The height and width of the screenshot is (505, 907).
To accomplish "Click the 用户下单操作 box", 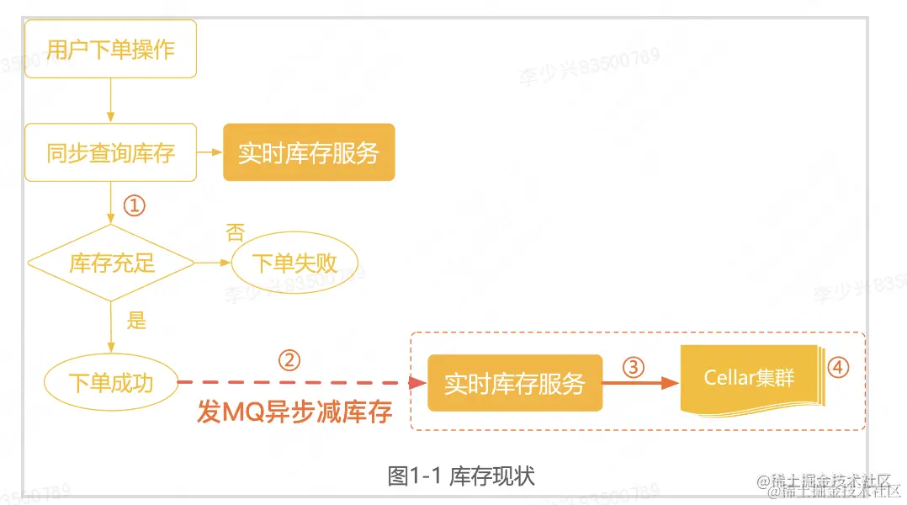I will pyautogui.click(x=110, y=49).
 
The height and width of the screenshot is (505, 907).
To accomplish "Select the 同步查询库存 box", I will pyautogui.click(x=110, y=152).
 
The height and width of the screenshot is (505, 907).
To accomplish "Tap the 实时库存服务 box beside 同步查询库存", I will pyautogui.click(x=308, y=152).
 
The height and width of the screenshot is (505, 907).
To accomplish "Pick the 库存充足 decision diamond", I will pyautogui.click(x=111, y=263).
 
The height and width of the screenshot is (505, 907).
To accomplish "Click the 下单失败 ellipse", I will pyautogui.click(x=294, y=262).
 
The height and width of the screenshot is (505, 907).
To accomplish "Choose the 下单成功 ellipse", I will pyautogui.click(x=111, y=383).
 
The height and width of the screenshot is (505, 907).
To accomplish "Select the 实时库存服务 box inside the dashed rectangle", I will pyautogui.click(x=514, y=383).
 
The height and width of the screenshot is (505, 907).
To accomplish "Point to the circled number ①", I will pyautogui.click(x=135, y=205).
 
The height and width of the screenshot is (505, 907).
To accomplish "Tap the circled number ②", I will pyautogui.click(x=289, y=360).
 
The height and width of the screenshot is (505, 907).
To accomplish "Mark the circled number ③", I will pyautogui.click(x=633, y=367).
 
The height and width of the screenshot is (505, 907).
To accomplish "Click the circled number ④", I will pyautogui.click(x=838, y=368).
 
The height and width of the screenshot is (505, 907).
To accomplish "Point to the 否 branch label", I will pyautogui.click(x=236, y=232).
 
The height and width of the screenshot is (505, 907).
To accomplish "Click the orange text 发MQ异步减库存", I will pyautogui.click(x=294, y=412).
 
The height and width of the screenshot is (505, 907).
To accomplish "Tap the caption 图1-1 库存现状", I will pyautogui.click(x=461, y=476).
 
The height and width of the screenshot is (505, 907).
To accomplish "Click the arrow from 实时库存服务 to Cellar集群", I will pyautogui.click(x=640, y=383).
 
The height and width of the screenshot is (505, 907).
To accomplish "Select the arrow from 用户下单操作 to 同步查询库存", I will pyautogui.click(x=110, y=100).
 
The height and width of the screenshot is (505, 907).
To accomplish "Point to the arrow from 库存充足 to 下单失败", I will pyautogui.click(x=212, y=263).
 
